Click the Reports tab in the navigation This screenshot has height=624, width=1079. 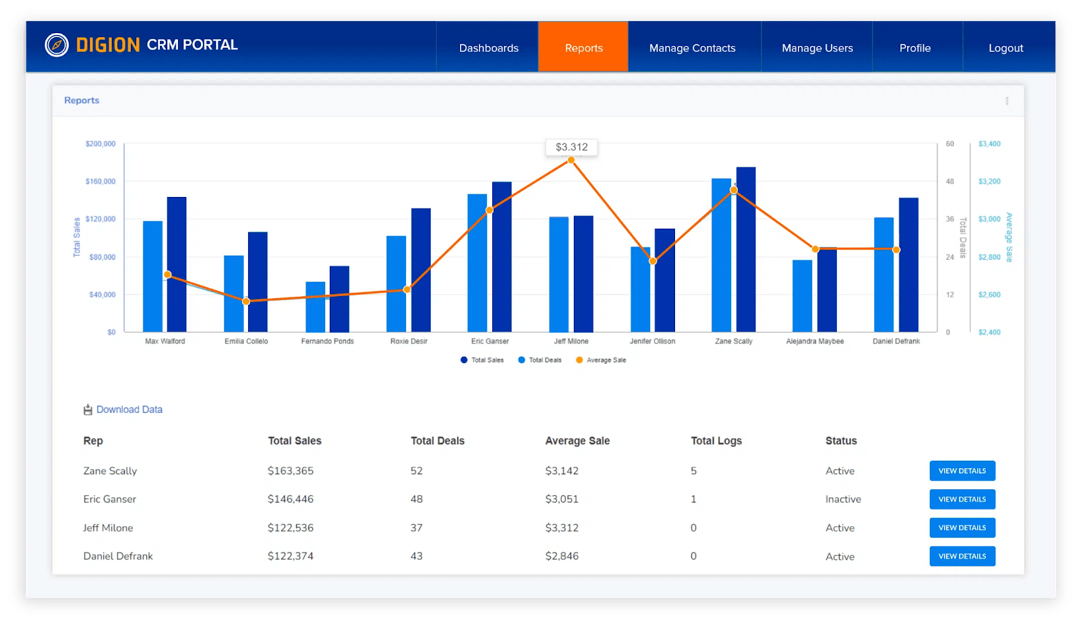(x=583, y=48)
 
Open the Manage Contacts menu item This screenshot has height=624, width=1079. (x=692, y=48)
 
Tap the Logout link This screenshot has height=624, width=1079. (x=1005, y=48)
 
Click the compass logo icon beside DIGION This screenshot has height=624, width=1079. (x=57, y=45)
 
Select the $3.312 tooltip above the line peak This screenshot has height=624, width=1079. (x=571, y=147)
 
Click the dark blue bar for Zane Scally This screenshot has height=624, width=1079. (x=746, y=250)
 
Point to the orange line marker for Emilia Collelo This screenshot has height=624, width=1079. (x=246, y=302)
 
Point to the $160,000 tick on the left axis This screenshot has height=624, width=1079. (x=100, y=181)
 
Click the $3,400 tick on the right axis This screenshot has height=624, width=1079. (x=989, y=144)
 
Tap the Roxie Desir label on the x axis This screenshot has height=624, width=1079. (x=409, y=341)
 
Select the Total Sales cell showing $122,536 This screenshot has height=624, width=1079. (x=291, y=528)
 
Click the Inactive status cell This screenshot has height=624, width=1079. (x=843, y=499)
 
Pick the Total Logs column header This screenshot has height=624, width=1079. (x=716, y=441)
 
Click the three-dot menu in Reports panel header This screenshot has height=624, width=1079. (x=1007, y=101)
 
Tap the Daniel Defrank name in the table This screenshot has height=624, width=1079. (x=118, y=556)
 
